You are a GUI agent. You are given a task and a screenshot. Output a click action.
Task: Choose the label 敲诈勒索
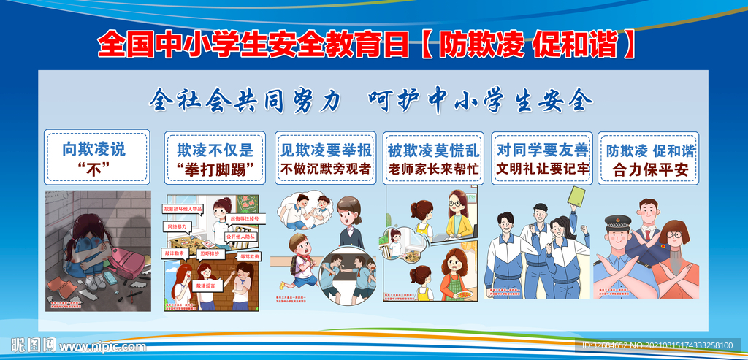175,252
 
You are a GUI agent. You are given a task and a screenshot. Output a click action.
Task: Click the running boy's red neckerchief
302,261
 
